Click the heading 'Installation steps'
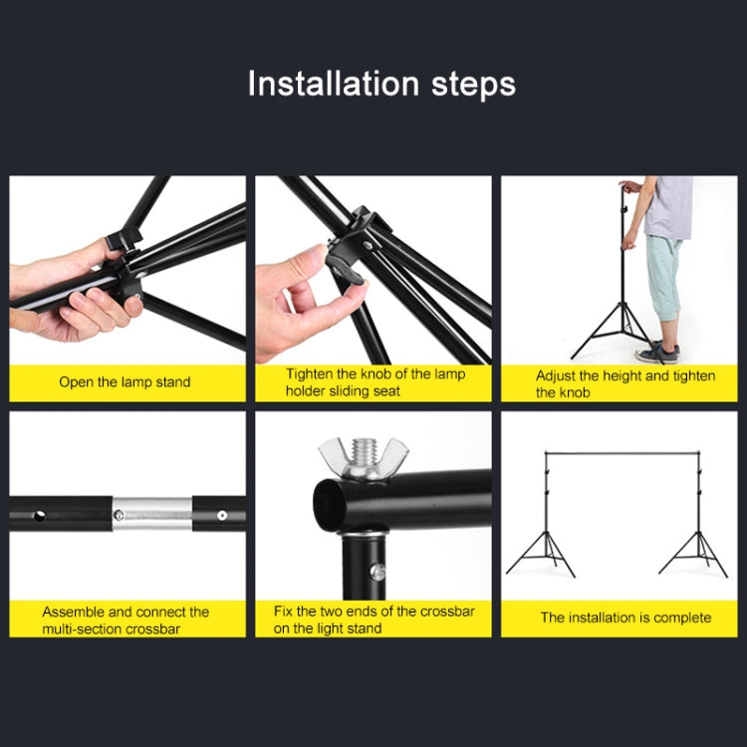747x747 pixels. point(381,84)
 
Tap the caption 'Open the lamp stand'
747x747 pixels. point(124,382)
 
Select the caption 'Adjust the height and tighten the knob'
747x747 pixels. point(625,383)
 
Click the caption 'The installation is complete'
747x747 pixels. point(625,618)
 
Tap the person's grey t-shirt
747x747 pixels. point(668,207)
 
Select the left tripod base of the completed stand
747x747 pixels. point(542,554)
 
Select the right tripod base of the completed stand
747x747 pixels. point(693,554)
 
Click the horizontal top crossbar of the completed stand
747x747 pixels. point(618,455)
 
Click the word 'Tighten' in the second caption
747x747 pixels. point(311,374)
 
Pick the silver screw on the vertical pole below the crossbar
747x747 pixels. point(377,571)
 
